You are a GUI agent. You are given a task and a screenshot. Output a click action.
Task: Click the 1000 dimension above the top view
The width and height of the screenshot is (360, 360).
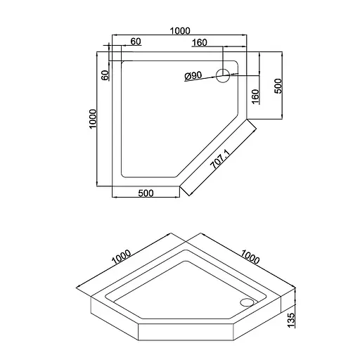pyautogui.click(x=180, y=31)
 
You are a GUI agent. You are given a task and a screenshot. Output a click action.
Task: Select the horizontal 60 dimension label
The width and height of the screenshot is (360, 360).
pyautogui.click(x=136, y=41)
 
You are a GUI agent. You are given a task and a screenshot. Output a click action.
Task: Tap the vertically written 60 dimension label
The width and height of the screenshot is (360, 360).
pyautogui.click(x=105, y=75)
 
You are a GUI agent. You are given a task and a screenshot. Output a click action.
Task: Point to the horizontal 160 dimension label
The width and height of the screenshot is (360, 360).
pyautogui.click(x=200, y=43)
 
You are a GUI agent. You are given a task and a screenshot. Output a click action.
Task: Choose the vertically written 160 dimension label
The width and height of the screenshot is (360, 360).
pyautogui.click(x=255, y=96)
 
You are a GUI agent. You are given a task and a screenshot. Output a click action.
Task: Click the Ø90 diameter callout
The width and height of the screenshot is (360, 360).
pyautogui.click(x=193, y=76)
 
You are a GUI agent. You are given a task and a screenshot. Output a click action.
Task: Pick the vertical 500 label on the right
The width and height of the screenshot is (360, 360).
pyautogui.click(x=278, y=86)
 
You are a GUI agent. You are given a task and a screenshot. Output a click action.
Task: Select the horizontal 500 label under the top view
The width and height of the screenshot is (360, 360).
pyautogui.click(x=146, y=193)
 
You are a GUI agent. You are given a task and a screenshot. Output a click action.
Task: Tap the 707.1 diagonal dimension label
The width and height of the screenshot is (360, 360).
pyautogui.click(x=219, y=160)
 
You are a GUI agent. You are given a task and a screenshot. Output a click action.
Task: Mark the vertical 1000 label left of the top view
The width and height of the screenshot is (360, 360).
pyautogui.click(x=93, y=119)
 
